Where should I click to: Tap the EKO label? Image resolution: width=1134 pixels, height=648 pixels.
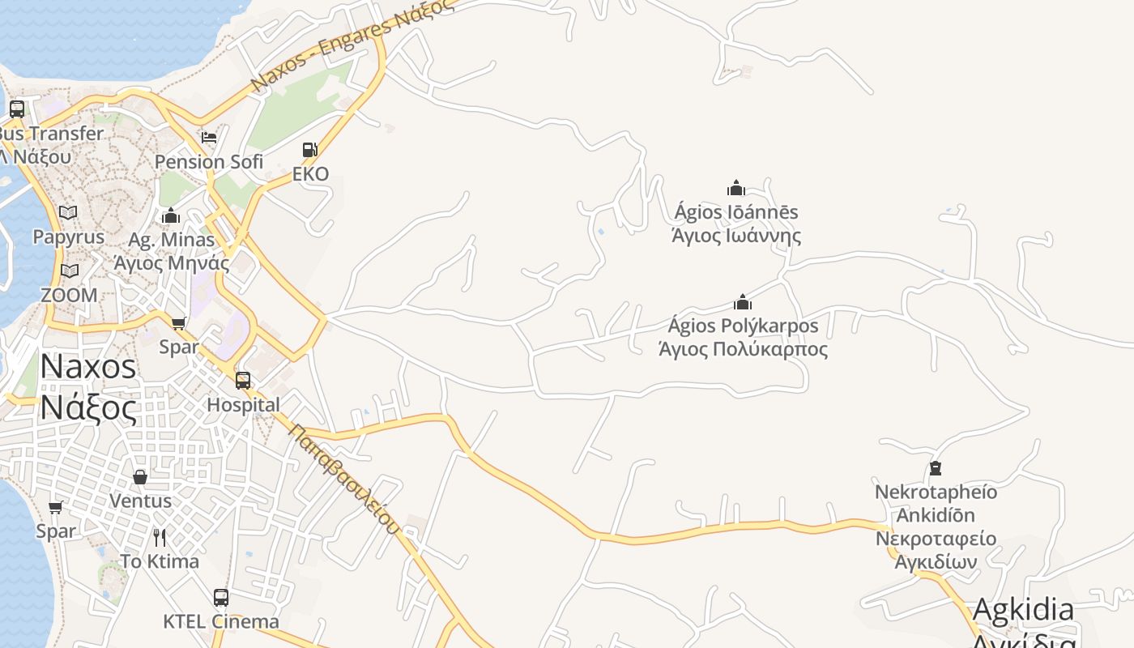tap(311, 174)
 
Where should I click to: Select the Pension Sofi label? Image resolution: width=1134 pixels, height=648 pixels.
tap(209, 162)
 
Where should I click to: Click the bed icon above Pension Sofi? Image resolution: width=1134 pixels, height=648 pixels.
tap(209, 137)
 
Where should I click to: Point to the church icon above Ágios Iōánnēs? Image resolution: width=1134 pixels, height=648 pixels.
tap(735, 189)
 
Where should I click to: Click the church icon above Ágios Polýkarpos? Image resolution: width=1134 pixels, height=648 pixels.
tap(743, 303)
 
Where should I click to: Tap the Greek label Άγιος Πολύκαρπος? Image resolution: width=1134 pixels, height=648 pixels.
tap(743, 350)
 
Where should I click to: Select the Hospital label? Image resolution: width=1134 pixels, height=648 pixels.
tap(243, 404)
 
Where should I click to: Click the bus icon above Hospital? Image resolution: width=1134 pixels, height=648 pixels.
tap(242, 381)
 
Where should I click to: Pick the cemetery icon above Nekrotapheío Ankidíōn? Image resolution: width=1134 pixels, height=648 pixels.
tap(936, 468)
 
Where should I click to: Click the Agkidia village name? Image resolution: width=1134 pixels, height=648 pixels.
tap(1023, 610)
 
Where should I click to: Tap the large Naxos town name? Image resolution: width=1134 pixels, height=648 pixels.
tap(88, 367)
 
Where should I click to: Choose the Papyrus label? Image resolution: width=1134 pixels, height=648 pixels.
tap(69, 237)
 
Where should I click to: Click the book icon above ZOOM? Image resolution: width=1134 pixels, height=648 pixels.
tap(70, 271)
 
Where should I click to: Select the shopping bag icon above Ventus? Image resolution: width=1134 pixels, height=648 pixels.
tap(140, 477)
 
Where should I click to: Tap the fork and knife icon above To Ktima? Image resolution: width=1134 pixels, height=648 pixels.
tap(160, 537)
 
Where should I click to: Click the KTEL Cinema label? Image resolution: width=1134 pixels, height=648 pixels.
tap(221, 622)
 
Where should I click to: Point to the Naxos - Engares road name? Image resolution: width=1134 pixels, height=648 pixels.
tap(350, 45)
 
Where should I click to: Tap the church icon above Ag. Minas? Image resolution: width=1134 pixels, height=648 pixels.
tap(171, 216)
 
